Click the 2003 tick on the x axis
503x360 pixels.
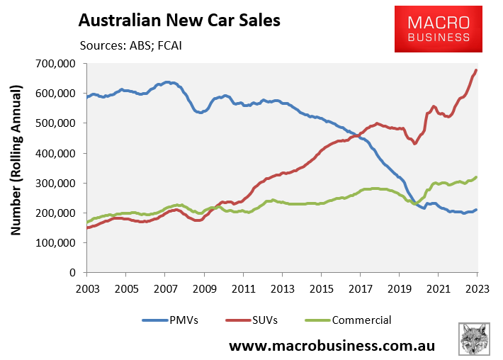click(x=86, y=288)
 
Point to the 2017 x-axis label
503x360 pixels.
click(x=360, y=288)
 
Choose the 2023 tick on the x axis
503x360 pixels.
click(x=477, y=288)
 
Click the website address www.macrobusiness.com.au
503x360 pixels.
click(x=332, y=346)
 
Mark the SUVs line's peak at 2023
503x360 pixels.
click(x=476, y=70)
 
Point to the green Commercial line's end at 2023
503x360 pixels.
click(x=476, y=177)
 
